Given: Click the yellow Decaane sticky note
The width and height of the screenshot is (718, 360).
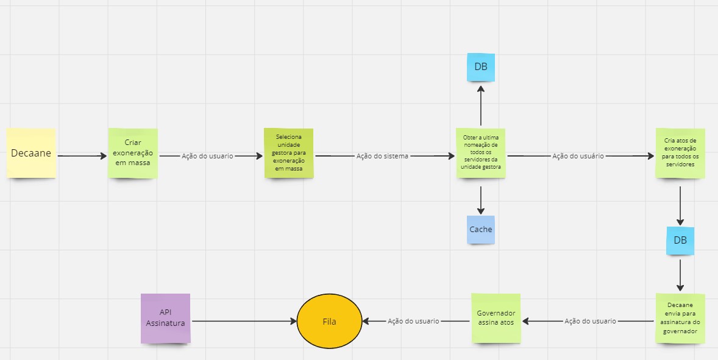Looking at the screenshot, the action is coord(31,153).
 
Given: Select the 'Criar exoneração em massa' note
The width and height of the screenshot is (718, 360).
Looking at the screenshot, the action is coord(133,153).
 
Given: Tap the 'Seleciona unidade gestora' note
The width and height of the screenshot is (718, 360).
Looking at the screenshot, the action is coord(288,153).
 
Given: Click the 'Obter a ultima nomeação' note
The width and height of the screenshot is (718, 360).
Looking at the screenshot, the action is coord(481,153).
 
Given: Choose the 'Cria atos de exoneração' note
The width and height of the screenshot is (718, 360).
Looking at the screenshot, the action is coord(680,153).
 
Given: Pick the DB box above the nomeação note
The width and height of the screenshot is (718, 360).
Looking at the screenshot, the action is coord(481,67).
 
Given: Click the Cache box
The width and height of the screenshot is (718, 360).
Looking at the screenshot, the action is coord(481,230).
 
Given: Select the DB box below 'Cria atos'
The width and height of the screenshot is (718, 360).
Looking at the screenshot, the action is coord(680,241).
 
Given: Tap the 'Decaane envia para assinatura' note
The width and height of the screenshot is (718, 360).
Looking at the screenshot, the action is coord(680,319).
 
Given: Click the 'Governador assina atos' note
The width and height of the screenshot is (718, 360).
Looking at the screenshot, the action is coord(496,319).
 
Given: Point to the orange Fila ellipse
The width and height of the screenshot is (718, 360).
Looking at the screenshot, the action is coord(329,322).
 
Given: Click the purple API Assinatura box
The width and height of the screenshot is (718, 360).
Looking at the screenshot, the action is coord(165,319).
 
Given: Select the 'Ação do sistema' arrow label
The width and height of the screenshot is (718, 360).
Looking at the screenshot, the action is coord(382,156).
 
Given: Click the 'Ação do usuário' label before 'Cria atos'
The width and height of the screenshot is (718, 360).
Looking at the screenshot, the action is coord(578,156).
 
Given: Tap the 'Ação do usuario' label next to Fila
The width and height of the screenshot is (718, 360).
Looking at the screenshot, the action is coord(413,321).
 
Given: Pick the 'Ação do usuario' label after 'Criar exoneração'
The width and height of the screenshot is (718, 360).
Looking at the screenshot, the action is coord(207,156).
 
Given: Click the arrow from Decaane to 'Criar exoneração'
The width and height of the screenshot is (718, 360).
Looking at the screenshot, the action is coord(82,156).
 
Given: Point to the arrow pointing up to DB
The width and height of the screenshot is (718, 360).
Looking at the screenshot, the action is coord(481,105).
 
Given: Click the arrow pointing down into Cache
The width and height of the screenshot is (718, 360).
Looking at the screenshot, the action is coord(481,200).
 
